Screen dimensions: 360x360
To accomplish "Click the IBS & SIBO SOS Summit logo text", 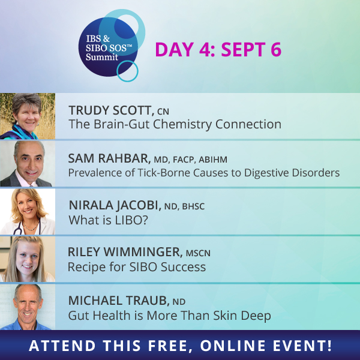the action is (x=109, y=47).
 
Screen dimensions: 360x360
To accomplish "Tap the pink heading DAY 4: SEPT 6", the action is (x=218, y=49).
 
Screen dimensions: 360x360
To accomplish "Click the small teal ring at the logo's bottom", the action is (x=127, y=71).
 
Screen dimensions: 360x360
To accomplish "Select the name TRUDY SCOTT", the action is (x=112, y=110).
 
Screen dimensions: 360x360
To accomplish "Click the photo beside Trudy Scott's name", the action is (x=28, y=116).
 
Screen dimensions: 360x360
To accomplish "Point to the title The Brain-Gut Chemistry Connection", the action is (x=175, y=124).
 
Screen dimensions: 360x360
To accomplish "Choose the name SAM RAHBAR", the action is (x=109, y=158).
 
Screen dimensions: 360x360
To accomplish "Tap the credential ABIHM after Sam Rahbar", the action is (x=213, y=160).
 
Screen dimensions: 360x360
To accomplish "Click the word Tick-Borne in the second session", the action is (x=164, y=173).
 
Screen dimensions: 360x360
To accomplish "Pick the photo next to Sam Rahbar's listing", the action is (x=28, y=163).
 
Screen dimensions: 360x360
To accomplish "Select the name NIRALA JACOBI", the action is (x=115, y=205).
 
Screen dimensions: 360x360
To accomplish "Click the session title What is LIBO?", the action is (x=108, y=220).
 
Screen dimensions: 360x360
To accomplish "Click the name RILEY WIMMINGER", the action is (x=125, y=252).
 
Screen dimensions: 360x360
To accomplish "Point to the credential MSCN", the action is (x=198, y=253).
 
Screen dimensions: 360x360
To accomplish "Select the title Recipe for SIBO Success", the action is (x=137, y=267).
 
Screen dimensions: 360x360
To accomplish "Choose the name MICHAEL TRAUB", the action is (x=119, y=301).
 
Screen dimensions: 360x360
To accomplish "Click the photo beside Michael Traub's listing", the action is (x=28, y=307).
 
